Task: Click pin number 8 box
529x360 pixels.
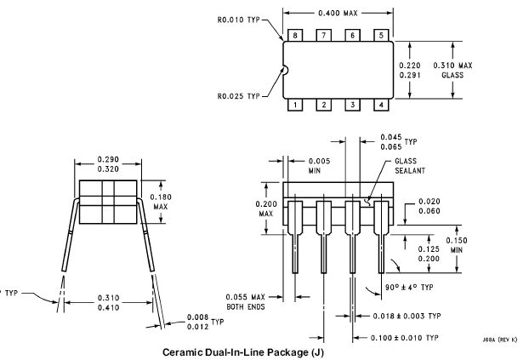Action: (295, 35)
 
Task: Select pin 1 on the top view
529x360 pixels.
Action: (295, 105)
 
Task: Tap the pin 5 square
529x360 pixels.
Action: (381, 35)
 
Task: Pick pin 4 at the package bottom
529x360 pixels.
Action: (381, 105)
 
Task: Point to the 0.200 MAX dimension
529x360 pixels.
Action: (266, 209)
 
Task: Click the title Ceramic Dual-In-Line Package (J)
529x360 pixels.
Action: (244, 351)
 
